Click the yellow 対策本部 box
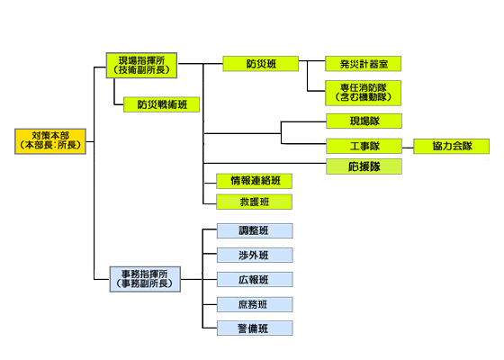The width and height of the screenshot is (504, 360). tap(50, 141)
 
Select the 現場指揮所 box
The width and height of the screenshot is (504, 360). tap(142, 65)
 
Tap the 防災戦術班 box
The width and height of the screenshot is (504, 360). tap(162, 104)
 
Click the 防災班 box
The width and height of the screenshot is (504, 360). tap(261, 64)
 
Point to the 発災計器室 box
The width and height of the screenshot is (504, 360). tap(364, 64)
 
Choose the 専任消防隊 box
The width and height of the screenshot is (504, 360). tap(364, 93)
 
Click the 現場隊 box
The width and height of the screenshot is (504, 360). tap(364, 121)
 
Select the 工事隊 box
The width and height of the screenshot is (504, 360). tap(364, 146)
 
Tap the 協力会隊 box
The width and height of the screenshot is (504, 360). tap(451, 146)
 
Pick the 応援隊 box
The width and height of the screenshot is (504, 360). tap(364, 166)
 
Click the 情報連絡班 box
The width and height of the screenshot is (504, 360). tap(254, 181)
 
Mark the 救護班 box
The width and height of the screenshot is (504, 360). tap(254, 202)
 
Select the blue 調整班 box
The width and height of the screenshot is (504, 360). tap(255, 230)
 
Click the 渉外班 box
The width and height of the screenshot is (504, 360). tap(255, 256)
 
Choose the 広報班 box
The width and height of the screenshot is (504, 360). tap(255, 280)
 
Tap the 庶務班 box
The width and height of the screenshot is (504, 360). tap(255, 304)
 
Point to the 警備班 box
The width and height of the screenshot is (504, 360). tap(255, 328)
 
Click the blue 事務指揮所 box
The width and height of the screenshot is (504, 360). tap(145, 279)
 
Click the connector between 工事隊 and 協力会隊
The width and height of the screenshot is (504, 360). tap(408, 148)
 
